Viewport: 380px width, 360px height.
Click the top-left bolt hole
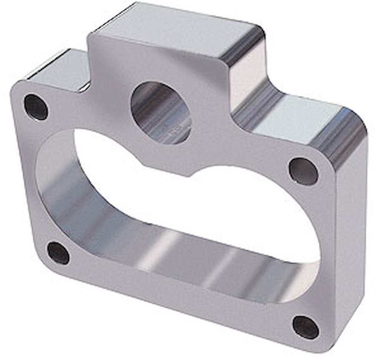click(x=36, y=107)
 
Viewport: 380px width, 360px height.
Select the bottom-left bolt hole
click(x=58, y=253)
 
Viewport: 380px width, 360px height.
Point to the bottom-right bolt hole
click(x=305, y=327)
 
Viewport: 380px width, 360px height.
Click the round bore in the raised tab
click(x=160, y=112)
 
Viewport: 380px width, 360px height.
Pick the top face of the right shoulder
click(x=297, y=117)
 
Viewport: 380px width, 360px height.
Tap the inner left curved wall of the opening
click(x=56, y=186)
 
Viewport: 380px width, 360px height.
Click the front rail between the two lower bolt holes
click(x=178, y=293)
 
